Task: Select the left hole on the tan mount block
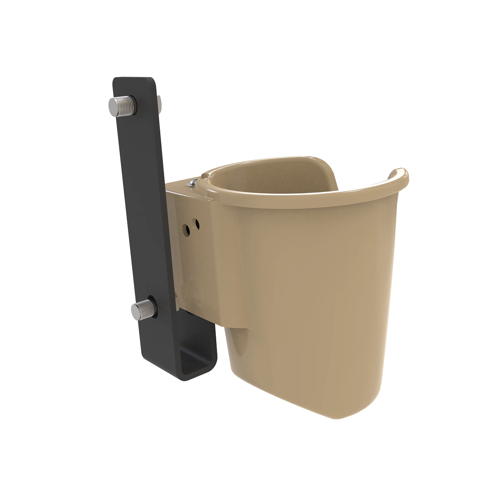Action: point(188,228)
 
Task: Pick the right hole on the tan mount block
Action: point(197,225)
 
